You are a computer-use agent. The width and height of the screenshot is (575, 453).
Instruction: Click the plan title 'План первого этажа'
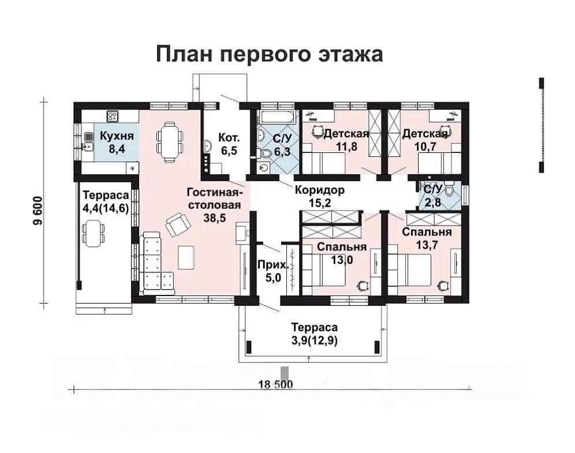coord(270,54)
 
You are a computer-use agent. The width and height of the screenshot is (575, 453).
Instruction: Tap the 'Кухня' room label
coord(117,136)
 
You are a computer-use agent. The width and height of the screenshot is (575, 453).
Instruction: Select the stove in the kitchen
coord(112,116)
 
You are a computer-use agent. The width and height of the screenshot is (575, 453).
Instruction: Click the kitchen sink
coord(88,147)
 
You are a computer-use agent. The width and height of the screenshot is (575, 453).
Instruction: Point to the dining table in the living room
coord(170,142)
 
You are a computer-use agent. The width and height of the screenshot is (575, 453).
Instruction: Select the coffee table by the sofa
coord(186,257)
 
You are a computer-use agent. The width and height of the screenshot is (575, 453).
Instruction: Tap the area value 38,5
coord(215,218)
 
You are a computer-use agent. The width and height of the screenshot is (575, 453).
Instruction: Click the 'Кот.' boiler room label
coord(229,138)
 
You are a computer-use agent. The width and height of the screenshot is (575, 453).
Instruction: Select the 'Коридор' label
coord(320,190)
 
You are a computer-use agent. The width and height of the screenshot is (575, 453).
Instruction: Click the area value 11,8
coord(346,147)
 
